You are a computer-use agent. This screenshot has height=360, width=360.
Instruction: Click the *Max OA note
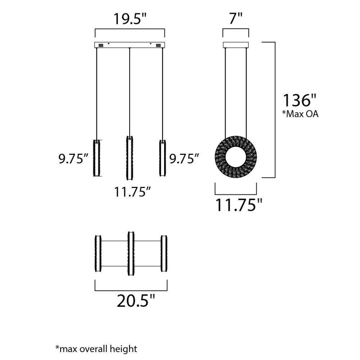(300, 114)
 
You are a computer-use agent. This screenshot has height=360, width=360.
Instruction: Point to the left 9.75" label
(73, 159)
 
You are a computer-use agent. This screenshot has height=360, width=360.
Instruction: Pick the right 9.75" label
(184, 159)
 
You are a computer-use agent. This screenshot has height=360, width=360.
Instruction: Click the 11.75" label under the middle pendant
(132, 192)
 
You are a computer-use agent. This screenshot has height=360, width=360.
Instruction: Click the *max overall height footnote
(96, 349)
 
